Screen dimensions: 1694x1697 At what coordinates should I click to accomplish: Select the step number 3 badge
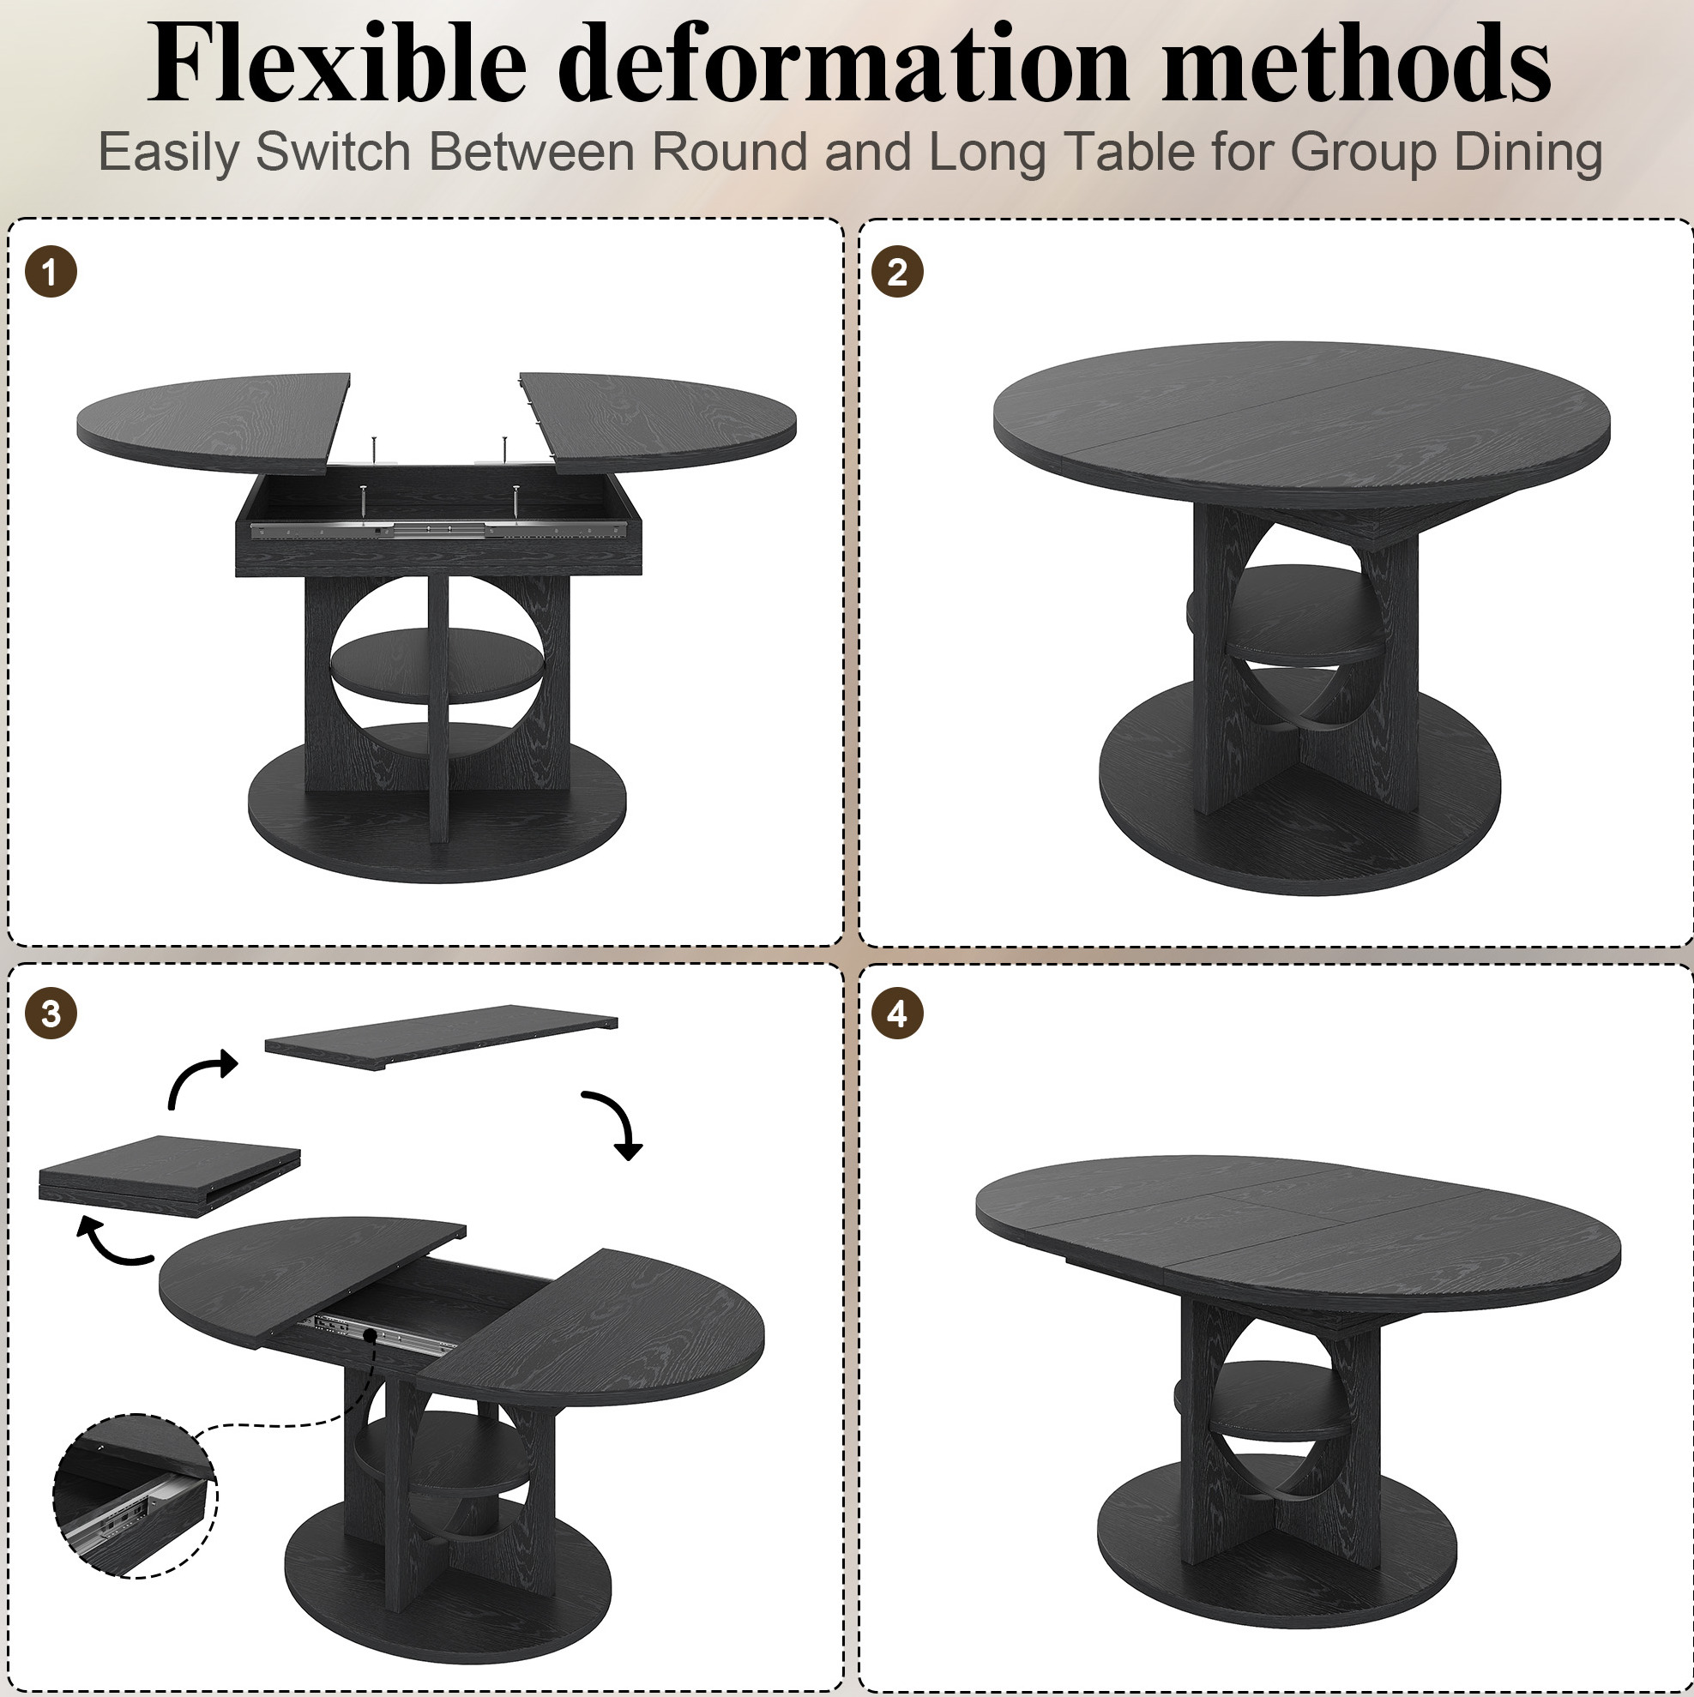point(51,1014)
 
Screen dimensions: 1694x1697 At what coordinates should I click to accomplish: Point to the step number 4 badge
point(897,1014)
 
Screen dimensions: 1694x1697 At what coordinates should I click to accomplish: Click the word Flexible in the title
point(337,63)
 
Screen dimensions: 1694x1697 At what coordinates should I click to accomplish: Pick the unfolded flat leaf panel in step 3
point(441,1037)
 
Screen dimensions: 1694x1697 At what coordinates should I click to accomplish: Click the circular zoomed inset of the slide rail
point(135,1495)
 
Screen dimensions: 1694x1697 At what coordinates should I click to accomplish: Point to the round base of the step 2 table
point(1299,799)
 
